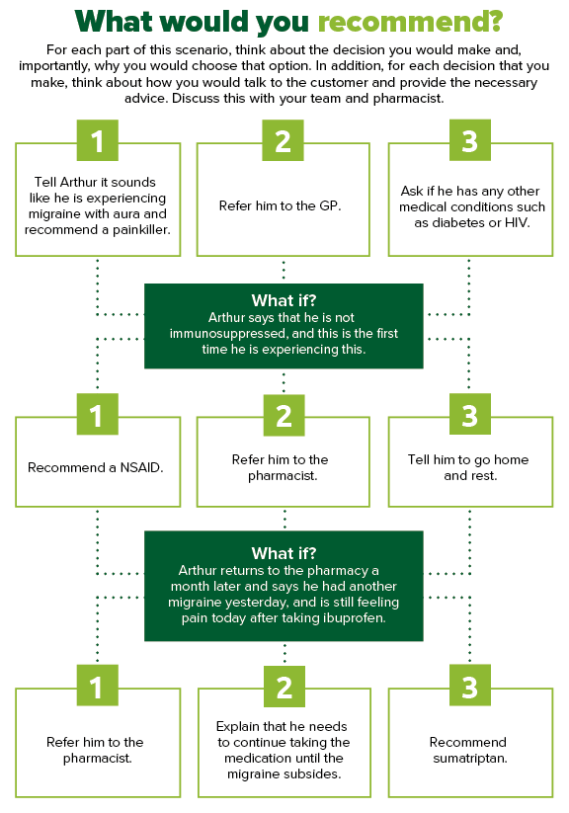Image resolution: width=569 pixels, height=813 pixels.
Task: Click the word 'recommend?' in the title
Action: coord(410,23)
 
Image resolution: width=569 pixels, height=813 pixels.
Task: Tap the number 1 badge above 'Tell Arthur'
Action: coord(98,140)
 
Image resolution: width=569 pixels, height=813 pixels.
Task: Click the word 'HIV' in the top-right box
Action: coord(516,223)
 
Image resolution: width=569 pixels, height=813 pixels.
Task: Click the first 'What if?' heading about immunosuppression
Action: coord(284,300)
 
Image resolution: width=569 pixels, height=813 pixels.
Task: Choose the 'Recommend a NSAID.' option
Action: coord(98,462)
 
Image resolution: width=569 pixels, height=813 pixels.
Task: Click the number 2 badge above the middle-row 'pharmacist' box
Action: coord(284,415)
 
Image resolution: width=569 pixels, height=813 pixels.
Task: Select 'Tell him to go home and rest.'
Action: coord(470,462)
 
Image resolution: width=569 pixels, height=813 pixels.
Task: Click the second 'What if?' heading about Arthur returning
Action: coord(284,553)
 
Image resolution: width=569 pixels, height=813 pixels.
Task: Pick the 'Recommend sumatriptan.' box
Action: coord(470,743)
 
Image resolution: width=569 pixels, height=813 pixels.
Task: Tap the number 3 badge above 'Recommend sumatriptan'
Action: coord(470,686)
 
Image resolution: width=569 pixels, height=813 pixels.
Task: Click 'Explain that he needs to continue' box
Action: coord(284,743)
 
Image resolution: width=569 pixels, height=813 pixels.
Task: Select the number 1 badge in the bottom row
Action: coord(98,686)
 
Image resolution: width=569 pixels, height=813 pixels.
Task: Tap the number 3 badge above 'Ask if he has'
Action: coord(470,140)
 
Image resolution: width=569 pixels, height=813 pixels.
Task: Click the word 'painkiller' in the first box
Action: coord(141,230)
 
